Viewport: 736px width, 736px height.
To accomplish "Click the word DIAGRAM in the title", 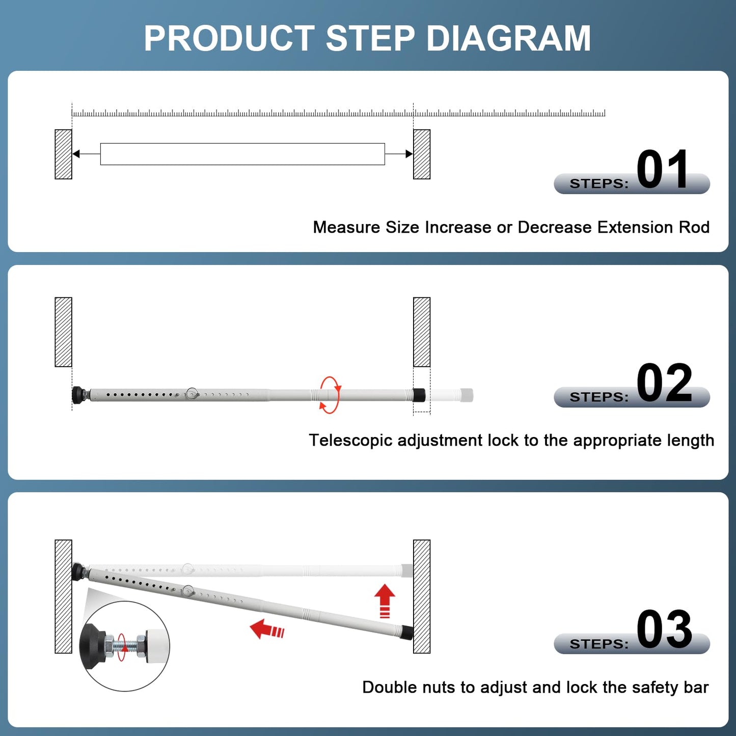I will (x=508, y=39).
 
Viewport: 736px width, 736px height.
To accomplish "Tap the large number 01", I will (x=663, y=170).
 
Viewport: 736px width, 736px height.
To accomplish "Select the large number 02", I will (x=664, y=383).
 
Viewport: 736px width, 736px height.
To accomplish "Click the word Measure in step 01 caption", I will (x=346, y=227).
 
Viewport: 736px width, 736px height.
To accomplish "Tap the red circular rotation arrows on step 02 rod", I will (x=330, y=395).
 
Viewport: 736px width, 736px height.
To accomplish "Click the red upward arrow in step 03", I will (x=385, y=600).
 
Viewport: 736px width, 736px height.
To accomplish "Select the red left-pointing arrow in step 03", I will (x=267, y=630).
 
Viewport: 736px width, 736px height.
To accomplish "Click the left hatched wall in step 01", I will (x=63, y=154).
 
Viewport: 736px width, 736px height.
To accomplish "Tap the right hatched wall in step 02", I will (x=421, y=332).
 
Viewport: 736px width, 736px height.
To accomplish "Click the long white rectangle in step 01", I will (x=242, y=154).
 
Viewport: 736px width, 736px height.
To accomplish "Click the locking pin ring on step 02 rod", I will (x=192, y=393).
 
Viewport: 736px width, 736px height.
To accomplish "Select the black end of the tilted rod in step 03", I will (x=406, y=632).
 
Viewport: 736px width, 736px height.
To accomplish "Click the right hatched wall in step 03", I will (x=421, y=596).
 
